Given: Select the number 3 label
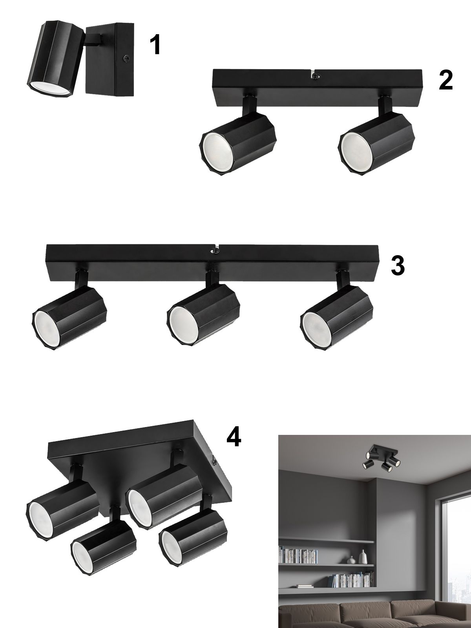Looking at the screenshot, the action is tap(398, 266).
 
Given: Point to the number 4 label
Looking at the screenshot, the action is tap(234, 445).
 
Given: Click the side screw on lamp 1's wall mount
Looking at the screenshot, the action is tap(126, 58).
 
